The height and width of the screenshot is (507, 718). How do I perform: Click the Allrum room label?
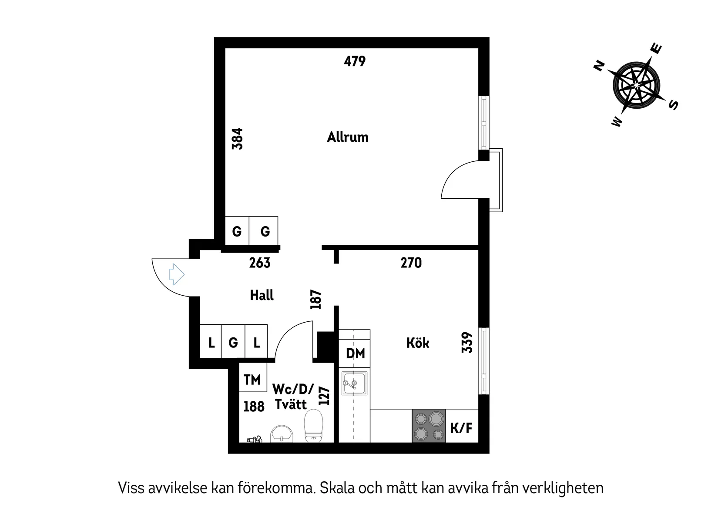pyautogui.click(x=348, y=137)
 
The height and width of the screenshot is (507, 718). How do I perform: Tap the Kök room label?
pyautogui.click(x=418, y=343)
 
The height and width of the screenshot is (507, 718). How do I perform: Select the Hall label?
pyautogui.click(x=262, y=296)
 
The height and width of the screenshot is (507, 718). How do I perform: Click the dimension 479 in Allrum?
pyautogui.click(x=355, y=61)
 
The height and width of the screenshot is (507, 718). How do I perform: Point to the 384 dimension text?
pyautogui.click(x=238, y=139)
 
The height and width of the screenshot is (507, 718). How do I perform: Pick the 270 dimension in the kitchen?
pyautogui.click(x=411, y=263)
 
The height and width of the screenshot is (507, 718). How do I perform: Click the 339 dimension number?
pyautogui.click(x=467, y=342)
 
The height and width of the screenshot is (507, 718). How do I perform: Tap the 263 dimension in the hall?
pyautogui.click(x=260, y=263)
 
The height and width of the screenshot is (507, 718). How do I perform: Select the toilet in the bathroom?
pyautogui.click(x=313, y=425)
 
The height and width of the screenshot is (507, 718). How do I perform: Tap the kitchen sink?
pyautogui.click(x=354, y=383)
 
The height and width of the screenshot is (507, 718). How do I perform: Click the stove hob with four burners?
pyautogui.click(x=429, y=426)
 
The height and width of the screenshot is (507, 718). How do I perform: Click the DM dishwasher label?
pyautogui.click(x=355, y=354)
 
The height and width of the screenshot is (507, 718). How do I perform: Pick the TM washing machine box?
pyautogui.click(x=252, y=380)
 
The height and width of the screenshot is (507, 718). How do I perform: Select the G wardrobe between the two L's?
pyautogui.click(x=233, y=343)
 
